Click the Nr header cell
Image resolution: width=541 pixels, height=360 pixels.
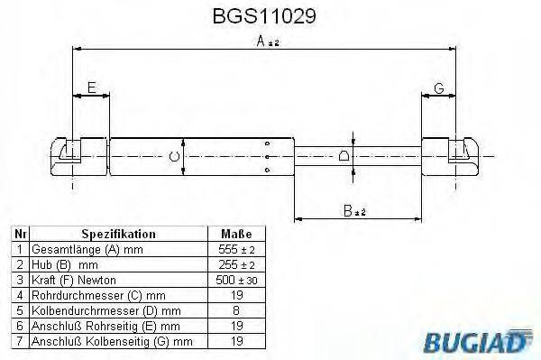(20, 233)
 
